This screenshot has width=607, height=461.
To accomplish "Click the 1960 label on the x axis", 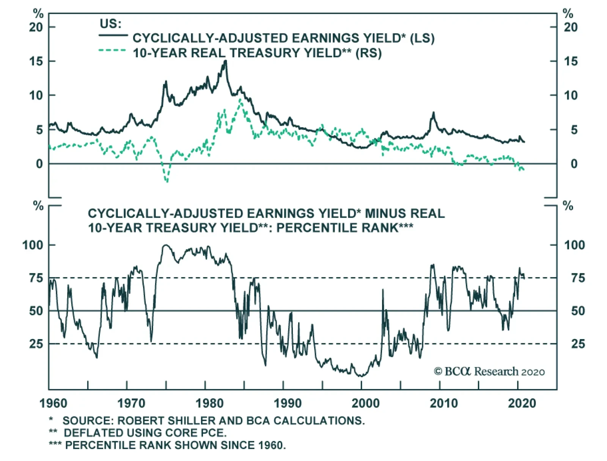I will click(53, 403).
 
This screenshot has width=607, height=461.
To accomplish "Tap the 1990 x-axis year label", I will click(288, 403).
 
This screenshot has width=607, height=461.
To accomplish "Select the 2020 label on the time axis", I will click(522, 403).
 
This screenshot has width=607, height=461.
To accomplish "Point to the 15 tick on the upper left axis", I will click(36, 61).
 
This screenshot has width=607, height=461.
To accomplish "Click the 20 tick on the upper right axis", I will click(571, 27).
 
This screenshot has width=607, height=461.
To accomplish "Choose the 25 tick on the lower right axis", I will click(578, 344).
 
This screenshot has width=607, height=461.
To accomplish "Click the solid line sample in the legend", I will click(113, 36).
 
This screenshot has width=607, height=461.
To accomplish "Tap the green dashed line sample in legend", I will click(112, 51).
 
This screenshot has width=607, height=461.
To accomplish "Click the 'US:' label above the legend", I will click(110, 24).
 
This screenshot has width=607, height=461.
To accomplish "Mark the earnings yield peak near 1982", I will click(226, 61).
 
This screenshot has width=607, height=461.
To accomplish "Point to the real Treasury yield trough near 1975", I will click(167, 181).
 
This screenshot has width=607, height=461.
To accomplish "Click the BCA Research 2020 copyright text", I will click(489, 371).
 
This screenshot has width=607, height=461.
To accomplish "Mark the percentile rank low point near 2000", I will click(360, 376).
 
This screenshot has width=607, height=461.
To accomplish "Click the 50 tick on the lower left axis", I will click(36, 311).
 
